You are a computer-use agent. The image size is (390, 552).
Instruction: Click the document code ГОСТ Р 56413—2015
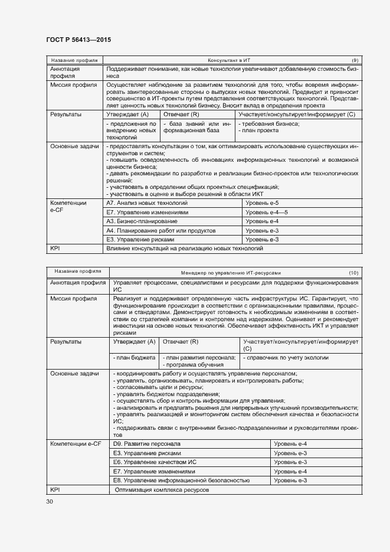[x=78, y=40]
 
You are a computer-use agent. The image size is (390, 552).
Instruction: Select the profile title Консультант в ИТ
[x=229, y=60]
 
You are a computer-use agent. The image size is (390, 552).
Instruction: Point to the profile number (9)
[x=355, y=60]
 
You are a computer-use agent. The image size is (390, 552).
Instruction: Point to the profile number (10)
[x=353, y=273]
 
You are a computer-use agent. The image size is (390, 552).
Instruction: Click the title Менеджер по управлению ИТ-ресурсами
[x=231, y=273]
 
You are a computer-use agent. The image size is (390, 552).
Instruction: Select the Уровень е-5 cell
[x=262, y=202]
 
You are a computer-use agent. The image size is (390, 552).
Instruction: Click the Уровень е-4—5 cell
[x=266, y=212]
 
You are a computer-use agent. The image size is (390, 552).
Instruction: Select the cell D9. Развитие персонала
[x=147, y=443]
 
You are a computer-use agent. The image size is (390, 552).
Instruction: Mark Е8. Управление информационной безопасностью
[x=178, y=481]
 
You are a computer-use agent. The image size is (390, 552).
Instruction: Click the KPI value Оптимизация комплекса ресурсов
[x=162, y=490]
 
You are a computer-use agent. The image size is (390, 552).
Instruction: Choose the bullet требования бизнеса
[x=268, y=123]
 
